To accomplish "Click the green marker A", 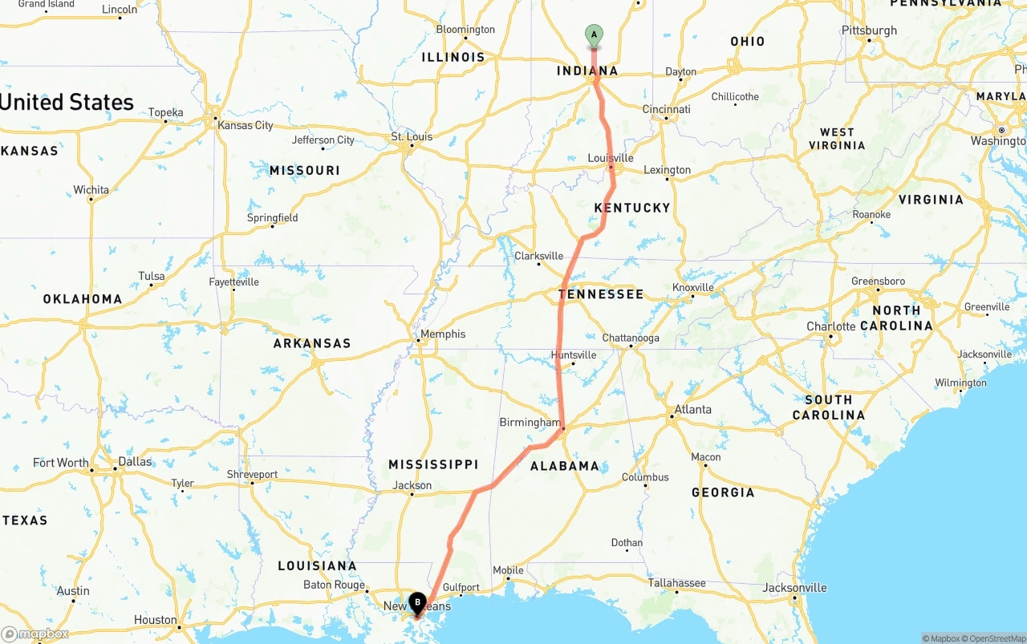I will coord(594,34).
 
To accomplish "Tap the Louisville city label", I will coord(611,158).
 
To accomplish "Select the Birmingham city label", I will coord(530,422).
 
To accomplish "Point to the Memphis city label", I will coord(442,334).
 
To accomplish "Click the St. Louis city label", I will coord(412,136).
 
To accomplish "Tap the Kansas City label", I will coord(246,125).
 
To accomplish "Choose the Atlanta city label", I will coord(692,409).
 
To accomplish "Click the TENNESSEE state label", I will coord(601,294).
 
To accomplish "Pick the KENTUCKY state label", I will coord(631,208).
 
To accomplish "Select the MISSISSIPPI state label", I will coord(433,464).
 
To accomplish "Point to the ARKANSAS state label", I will coord(312,343).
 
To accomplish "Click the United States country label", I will coord(67,102).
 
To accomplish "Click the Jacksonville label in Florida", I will coord(794,588).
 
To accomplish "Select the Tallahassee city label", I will coord(676,583).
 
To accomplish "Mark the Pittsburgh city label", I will coord(869,30).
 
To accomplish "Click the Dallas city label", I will coord(135,461).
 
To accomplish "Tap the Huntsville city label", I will coord(574,354).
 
